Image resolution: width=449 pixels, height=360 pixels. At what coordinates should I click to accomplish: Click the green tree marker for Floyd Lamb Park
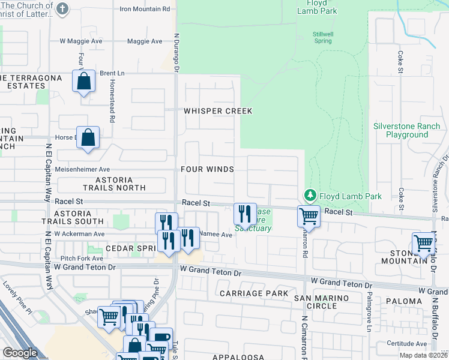click(310, 196)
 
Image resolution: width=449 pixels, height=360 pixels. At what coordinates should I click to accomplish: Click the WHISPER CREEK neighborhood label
click(217, 111)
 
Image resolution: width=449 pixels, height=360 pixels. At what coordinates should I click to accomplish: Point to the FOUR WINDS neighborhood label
click(207, 169)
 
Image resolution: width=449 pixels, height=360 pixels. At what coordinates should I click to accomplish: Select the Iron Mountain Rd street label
click(145, 9)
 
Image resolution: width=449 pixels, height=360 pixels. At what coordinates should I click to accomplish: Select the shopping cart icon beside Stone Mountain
click(423, 243)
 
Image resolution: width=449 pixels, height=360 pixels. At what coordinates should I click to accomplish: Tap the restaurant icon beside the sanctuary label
click(244, 212)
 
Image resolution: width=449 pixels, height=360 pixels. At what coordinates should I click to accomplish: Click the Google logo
click(20, 353)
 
